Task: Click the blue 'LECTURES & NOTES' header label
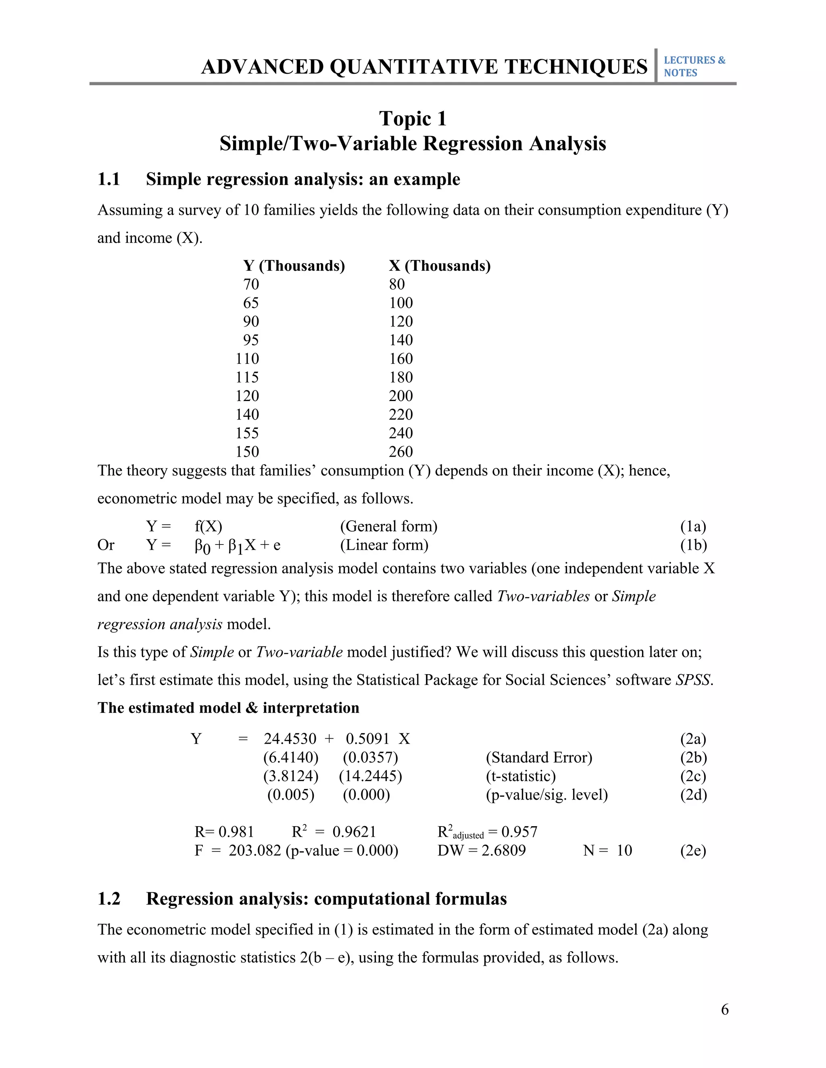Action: coord(694,66)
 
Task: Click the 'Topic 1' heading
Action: coord(413,119)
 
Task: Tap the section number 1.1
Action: coord(108,179)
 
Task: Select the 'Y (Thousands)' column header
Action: coord(294,266)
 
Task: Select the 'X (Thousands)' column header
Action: coord(440,266)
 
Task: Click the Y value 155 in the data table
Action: coord(247,433)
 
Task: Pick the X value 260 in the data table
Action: coord(401,452)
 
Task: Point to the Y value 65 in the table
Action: coord(250,303)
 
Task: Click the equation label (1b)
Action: coord(693,545)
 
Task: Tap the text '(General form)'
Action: coord(388,526)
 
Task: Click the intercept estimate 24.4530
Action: coord(290,739)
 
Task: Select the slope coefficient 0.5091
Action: coord(367,739)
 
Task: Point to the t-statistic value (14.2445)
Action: coord(370,776)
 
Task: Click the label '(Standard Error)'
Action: coord(539,758)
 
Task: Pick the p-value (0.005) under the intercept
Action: coord(291,795)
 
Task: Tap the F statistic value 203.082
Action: coord(255,850)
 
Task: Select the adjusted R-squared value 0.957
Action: coord(519,832)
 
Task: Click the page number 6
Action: coord(725,1009)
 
